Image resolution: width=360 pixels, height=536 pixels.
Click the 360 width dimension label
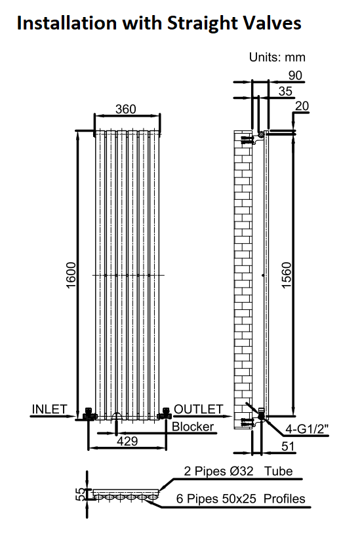pyautogui.click(x=126, y=109)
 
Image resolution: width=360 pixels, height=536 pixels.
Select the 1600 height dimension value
pyautogui.click(x=71, y=275)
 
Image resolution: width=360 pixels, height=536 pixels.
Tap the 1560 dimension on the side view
pyautogui.click(x=286, y=275)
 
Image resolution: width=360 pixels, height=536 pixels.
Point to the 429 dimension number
pyautogui.click(x=127, y=441)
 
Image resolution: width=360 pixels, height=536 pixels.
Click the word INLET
pyautogui.click(x=50, y=409)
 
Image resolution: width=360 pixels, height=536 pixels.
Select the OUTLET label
pyautogui.click(x=199, y=409)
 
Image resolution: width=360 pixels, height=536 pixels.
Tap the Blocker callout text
pyautogui.click(x=193, y=427)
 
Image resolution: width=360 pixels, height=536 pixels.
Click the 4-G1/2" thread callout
pyautogui.click(x=307, y=429)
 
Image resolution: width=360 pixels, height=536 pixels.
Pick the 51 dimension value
pyautogui.click(x=288, y=446)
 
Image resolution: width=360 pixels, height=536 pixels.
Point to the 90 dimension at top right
pyautogui.click(x=295, y=75)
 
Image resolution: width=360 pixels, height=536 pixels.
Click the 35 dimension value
pyautogui.click(x=285, y=91)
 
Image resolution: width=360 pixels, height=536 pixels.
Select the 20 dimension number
pyautogui.click(x=302, y=106)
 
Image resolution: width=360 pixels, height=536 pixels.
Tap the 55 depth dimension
pyautogui.click(x=80, y=494)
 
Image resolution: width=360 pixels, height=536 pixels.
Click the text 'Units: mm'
pyautogui.click(x=277, y=57)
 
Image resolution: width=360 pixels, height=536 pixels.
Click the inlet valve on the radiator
pyautogui.click(x=89, y=414)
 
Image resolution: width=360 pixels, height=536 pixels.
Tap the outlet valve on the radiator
pyautogui.click(x=165, y=414)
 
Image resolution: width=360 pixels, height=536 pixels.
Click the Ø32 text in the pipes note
pyautogui.click(x=241, y=471)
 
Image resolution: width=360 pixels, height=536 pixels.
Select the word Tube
pyautogui.click(x=278, y=471)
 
